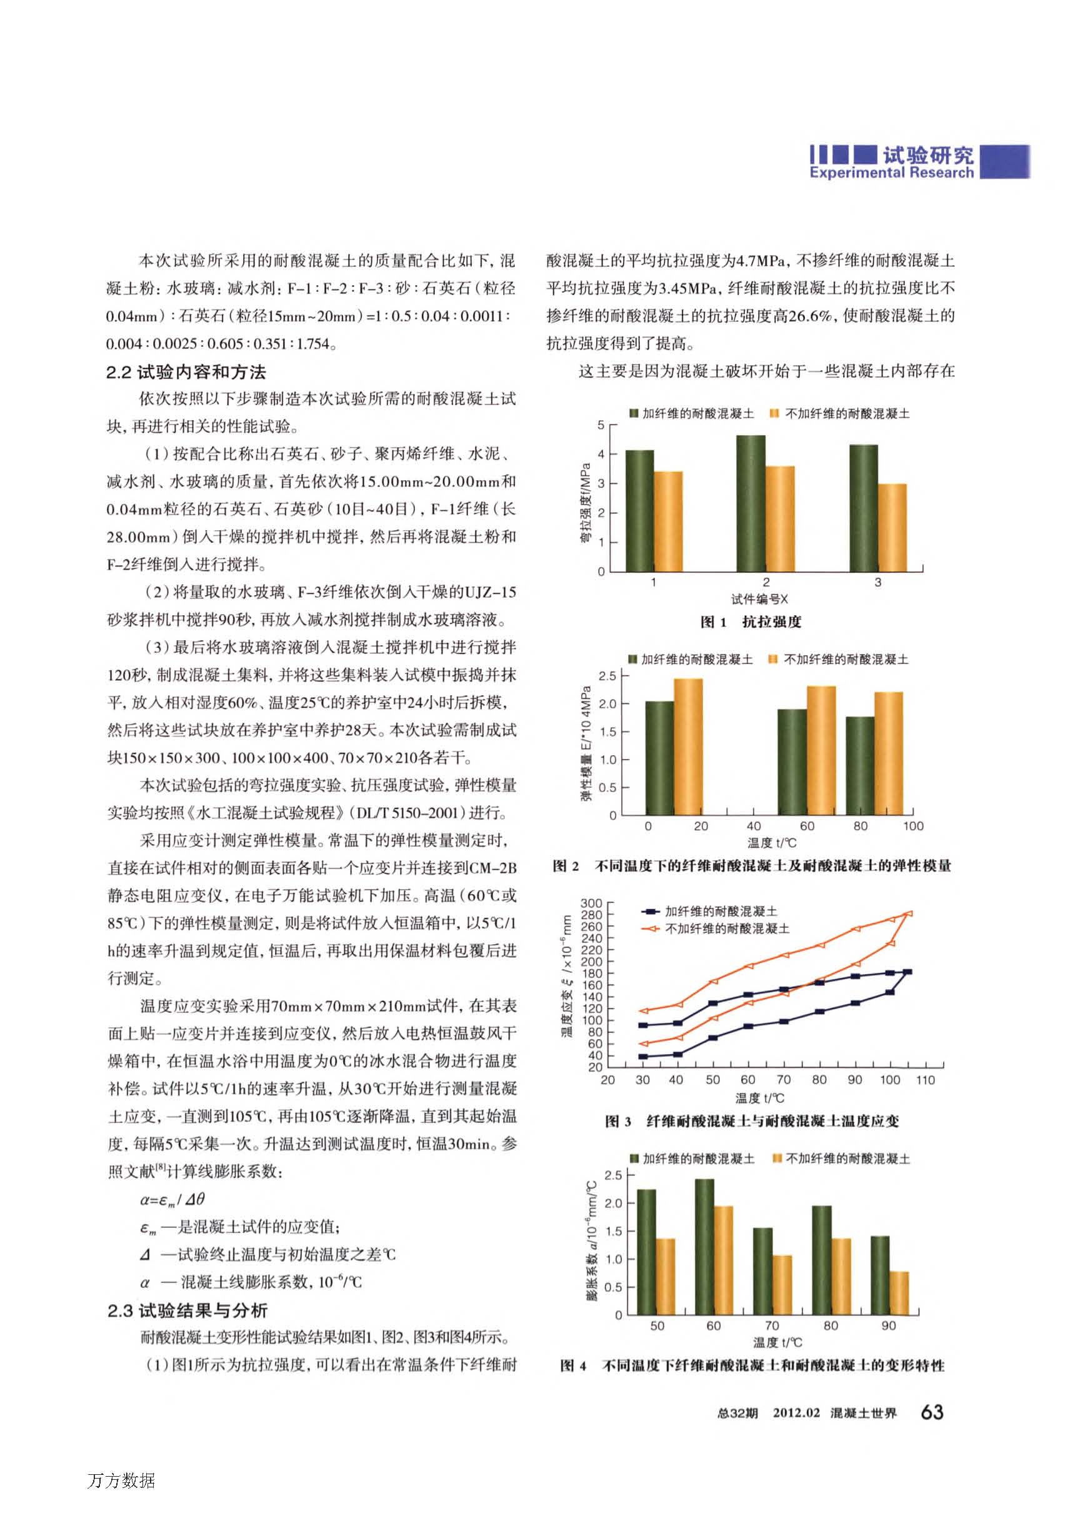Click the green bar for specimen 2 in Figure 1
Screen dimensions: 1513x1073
(x=751, y=503)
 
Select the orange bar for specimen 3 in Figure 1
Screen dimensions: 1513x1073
(x=892, y=528)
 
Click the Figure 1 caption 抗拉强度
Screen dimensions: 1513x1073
(x=771, y=622)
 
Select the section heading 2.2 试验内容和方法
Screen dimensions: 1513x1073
(x=186, y=372)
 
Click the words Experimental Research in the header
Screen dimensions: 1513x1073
(x=891, y=173)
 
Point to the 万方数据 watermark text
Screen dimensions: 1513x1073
(x=121, y=1480)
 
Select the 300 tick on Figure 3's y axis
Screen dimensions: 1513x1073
(x=591, y=903)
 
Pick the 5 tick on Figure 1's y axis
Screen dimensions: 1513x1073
(x=601, y=425)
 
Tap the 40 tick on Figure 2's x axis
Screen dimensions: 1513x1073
(x=753, y=827)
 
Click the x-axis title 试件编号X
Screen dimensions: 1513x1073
(x=759, y=599)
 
